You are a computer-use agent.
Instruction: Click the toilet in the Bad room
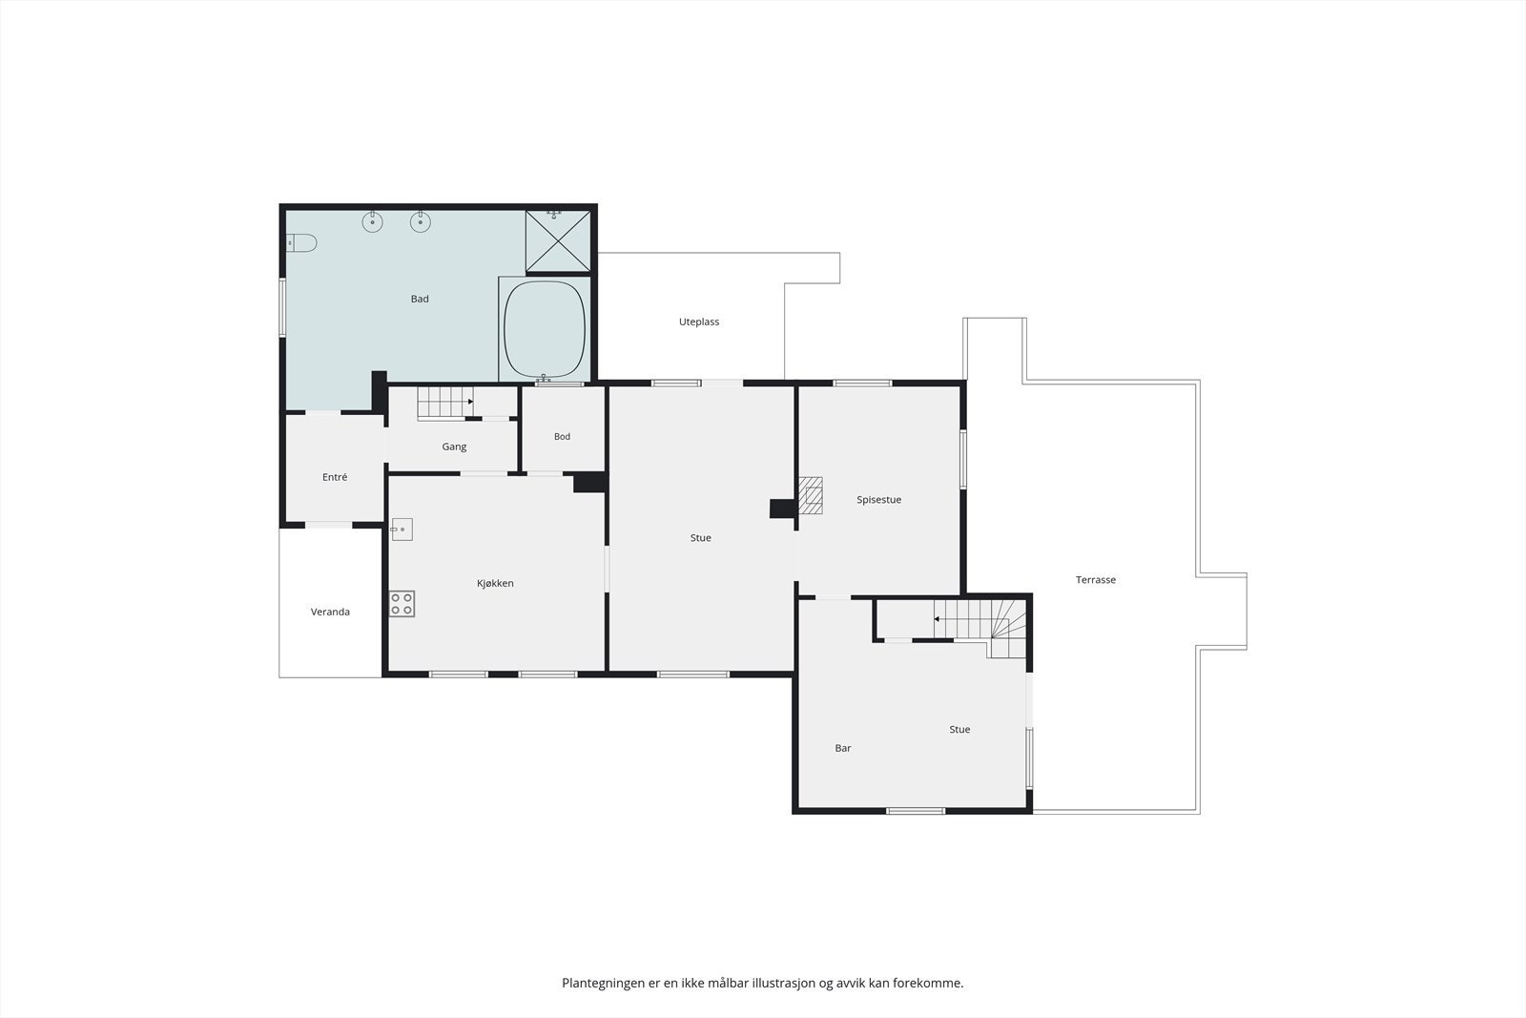coord(301,242)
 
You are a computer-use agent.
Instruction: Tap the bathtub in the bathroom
coord(545,329)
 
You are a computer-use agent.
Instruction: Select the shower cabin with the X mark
coord(558,240)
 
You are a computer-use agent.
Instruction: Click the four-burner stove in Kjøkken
coord(402,604)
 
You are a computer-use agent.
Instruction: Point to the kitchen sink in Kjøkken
coord(402,530)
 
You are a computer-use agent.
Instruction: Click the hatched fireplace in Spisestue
coord(811,495)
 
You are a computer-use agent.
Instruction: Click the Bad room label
coord(420,299)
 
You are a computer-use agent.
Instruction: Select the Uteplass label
coord(699,322)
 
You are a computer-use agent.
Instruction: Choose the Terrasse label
coord(1096,580)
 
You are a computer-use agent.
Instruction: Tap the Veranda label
coord(330,612)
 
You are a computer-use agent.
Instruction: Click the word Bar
coord(843,748)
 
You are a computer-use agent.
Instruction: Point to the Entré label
coord(335,477)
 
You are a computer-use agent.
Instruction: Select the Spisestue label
coord(878,500)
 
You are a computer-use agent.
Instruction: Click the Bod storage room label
coord(562,437)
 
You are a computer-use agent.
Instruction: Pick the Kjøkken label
coord(495,583)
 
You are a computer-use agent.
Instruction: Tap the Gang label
coord(454,447)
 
